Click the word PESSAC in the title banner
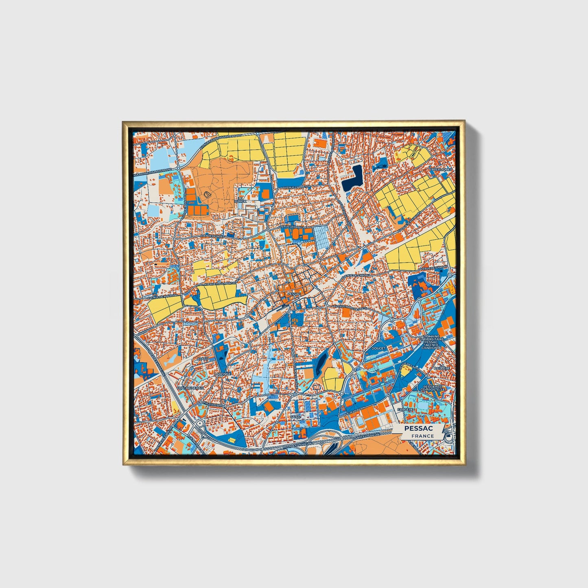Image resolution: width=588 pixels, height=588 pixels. click(x=418, y=429)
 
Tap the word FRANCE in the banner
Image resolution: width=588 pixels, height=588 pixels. click(x=422, y=436)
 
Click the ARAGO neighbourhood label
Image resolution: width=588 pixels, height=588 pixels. click(x=203, y=359)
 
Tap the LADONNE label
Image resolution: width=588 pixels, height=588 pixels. click(x=223, y=374)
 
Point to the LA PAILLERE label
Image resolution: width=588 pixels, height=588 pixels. click(x=442, y=368)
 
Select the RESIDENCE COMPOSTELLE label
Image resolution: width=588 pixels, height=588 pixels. click(x=434, y=388)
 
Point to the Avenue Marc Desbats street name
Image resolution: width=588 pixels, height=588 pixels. click(x=350, y=307)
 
